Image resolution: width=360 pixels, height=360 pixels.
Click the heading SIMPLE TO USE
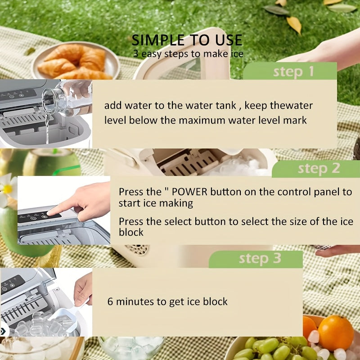pos(187,40)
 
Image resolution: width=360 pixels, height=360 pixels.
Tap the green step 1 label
pos(293,72)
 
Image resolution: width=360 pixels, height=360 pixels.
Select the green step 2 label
pos(319,169)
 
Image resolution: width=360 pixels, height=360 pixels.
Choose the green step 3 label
pos(260,259)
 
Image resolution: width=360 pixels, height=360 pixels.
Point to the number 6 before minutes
pos(110,301)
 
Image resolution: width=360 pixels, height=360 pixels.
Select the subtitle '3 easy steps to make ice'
pos(188,54)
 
